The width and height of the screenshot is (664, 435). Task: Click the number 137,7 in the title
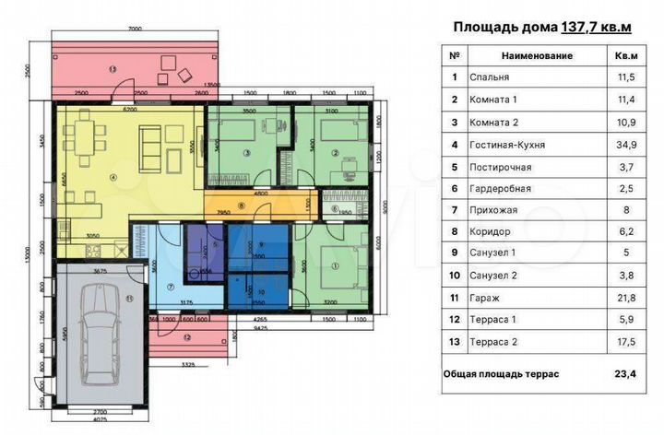click(579, 28)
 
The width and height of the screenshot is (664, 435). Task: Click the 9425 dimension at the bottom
click(261, 326)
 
